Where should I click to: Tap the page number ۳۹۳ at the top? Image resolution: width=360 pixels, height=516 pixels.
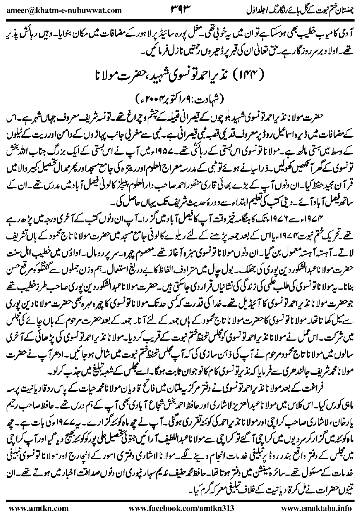[x=180, y=8]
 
